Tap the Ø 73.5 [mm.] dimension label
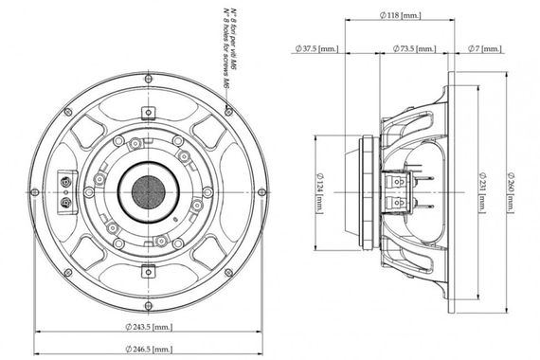click(418, 47)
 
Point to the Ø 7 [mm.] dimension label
click(490, 47)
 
